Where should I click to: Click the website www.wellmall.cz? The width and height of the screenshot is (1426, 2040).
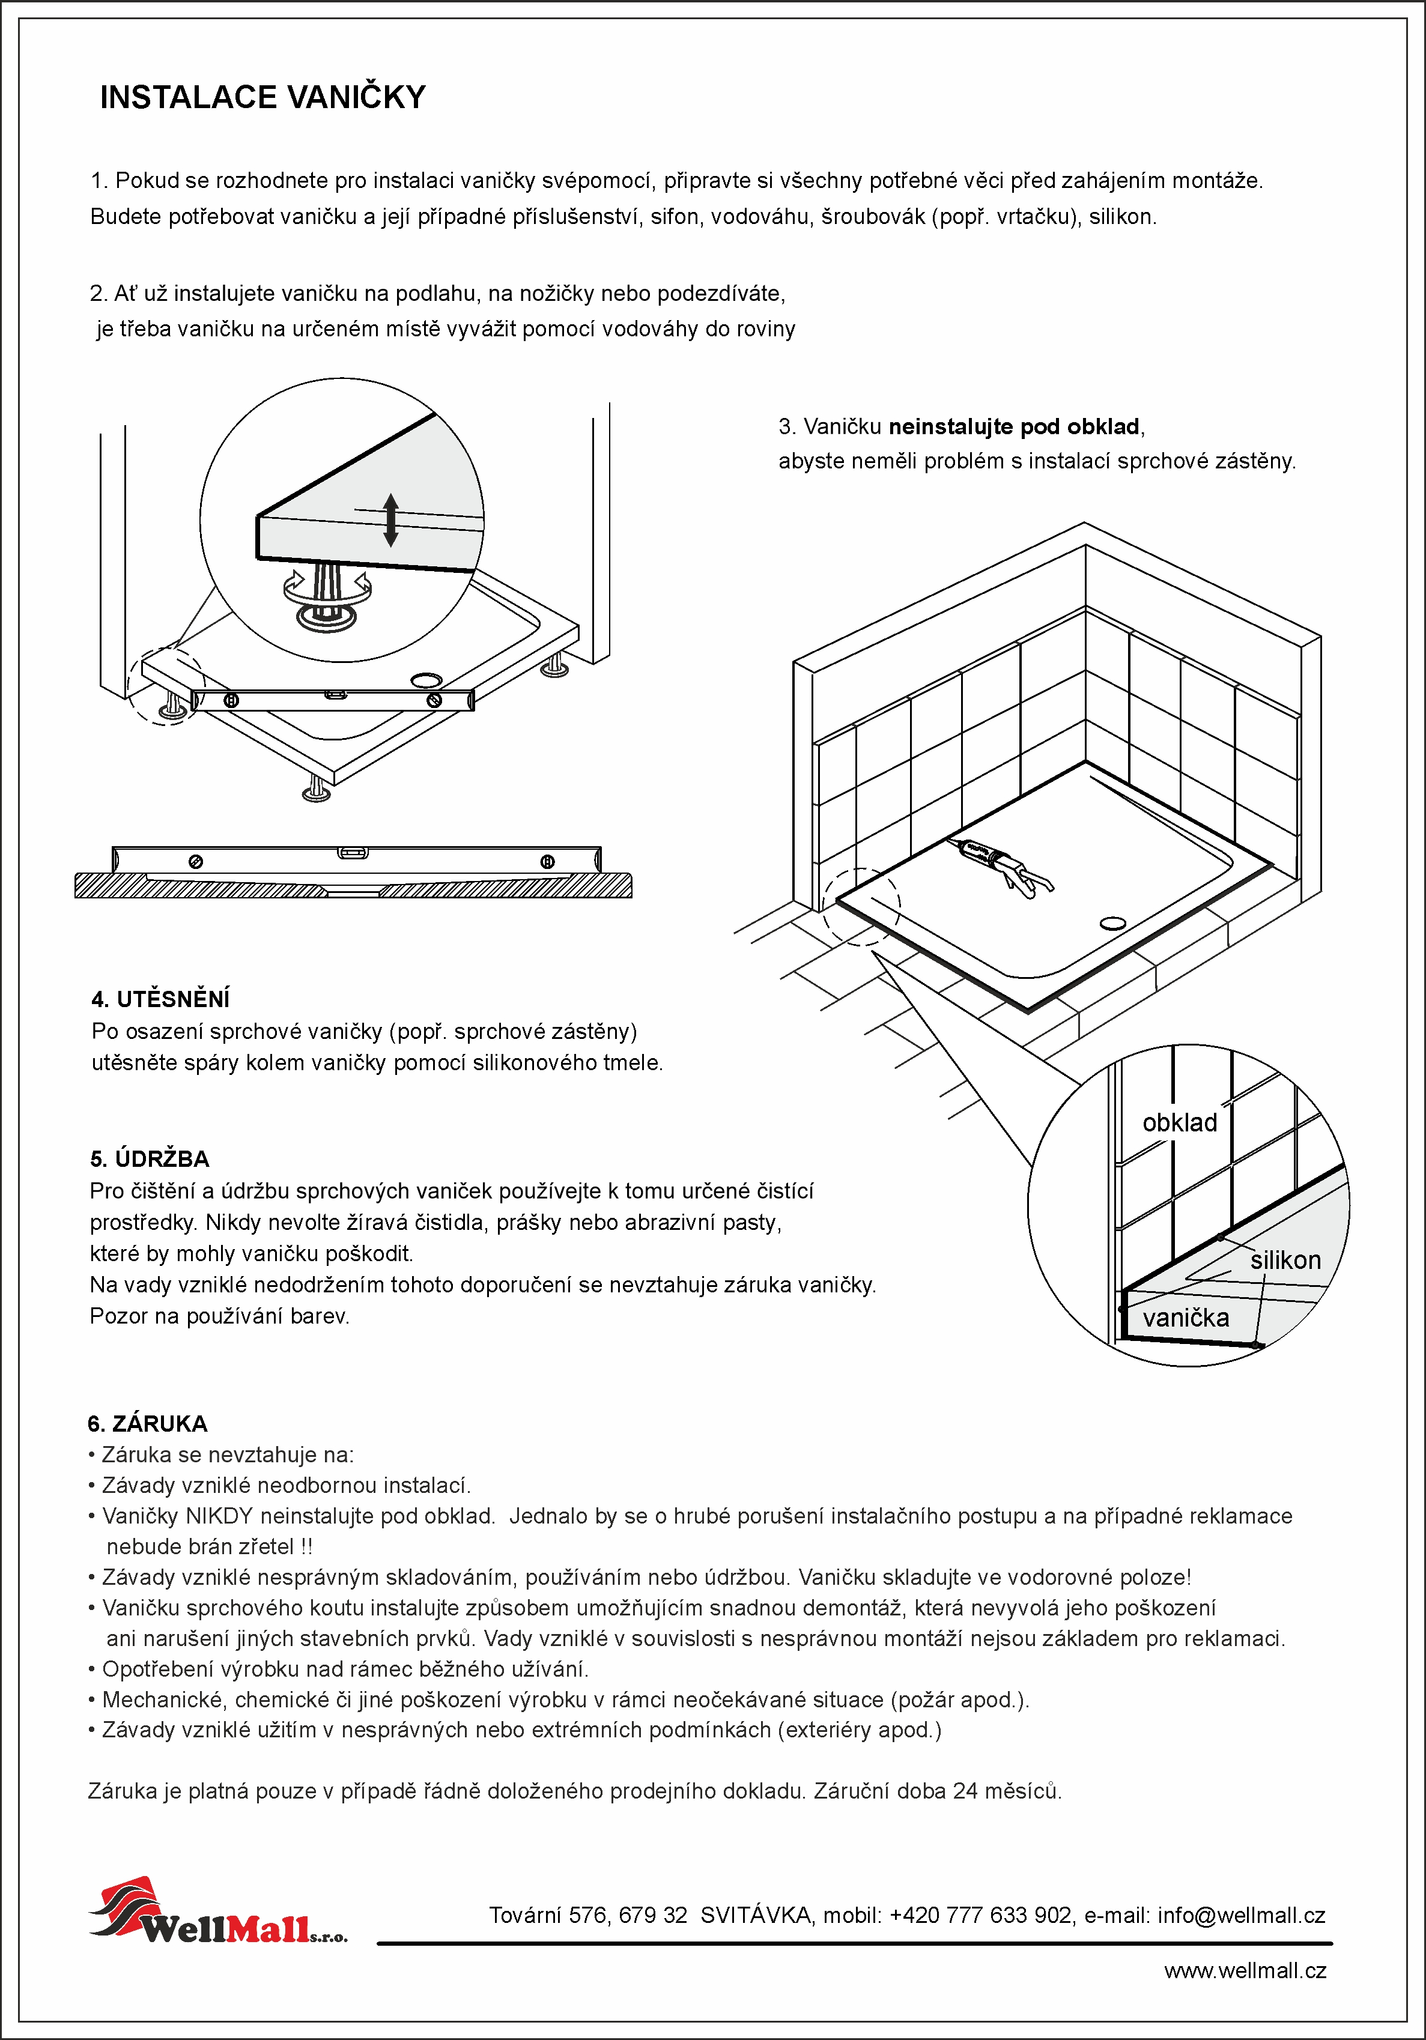coord(1244,1971)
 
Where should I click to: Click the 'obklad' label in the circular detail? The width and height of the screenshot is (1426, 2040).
coord(1179,1123)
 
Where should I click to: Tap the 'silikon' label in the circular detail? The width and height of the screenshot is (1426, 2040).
coord(1285,1260)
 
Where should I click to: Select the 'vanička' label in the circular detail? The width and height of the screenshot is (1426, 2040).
coord(1185,1318)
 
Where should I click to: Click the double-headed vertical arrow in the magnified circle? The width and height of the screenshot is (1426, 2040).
coord(390,520)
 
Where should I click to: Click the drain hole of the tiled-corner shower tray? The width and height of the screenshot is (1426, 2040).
coord(1112,923)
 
